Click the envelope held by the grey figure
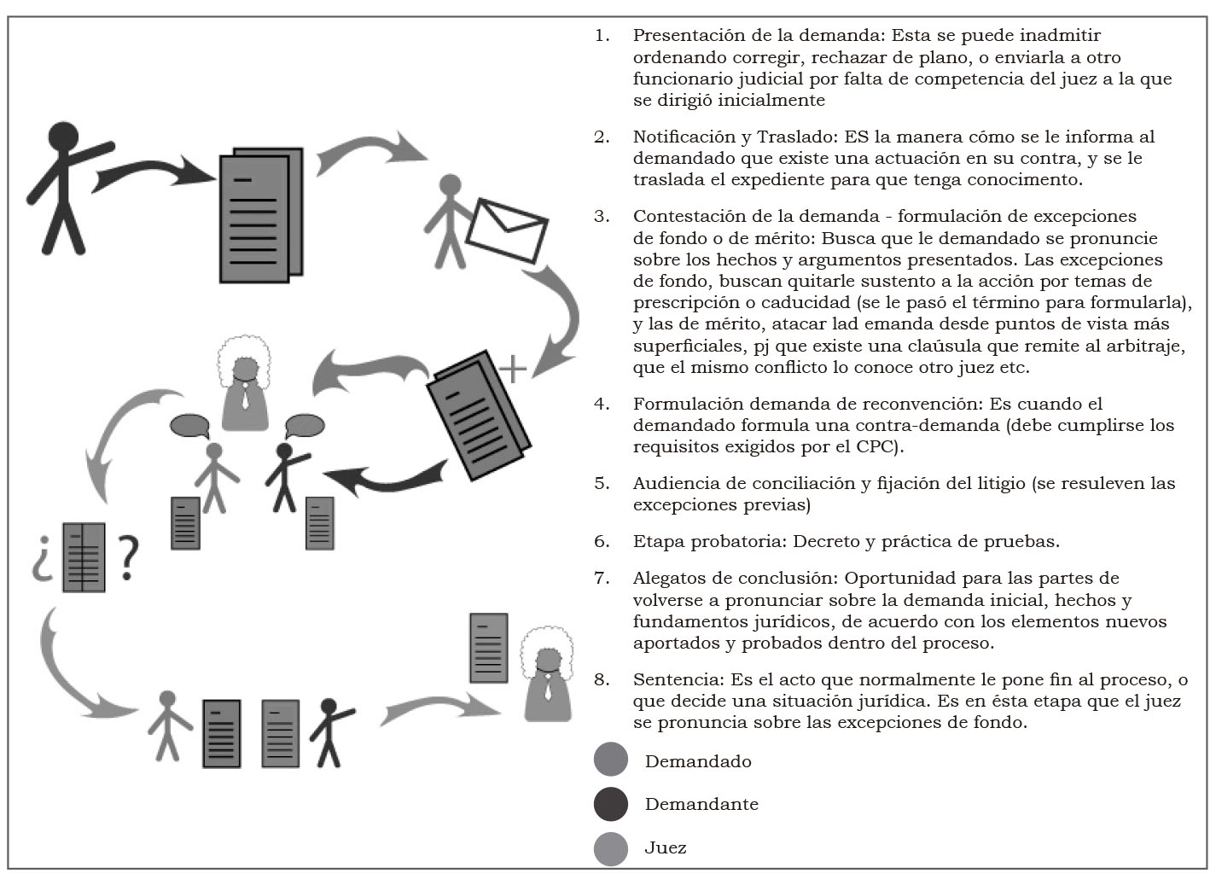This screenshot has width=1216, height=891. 507,230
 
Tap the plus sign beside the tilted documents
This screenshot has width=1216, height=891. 513,369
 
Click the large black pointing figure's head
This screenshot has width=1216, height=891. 64,137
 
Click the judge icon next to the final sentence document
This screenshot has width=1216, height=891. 546,674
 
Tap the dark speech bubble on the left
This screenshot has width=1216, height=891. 189,425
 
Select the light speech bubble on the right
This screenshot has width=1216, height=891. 304,424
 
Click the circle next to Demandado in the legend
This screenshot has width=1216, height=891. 611,760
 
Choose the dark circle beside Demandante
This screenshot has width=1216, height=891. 611,804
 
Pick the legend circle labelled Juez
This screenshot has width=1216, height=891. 611,848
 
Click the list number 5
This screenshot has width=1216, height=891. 602,483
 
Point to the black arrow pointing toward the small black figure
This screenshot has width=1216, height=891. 388,480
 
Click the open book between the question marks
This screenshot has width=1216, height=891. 84,557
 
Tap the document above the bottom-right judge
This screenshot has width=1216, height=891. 488,648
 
